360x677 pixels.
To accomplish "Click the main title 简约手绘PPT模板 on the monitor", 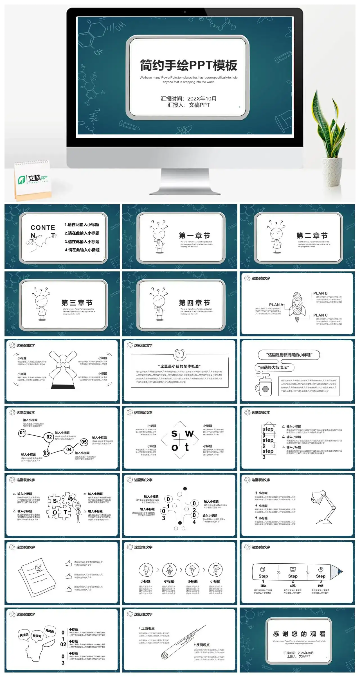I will (x=188, y=65).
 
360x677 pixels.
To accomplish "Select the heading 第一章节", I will (x=194, y=235).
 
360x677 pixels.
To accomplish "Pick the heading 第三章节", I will (x=77, y=303).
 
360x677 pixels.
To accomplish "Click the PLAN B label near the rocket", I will (x=320, y=293).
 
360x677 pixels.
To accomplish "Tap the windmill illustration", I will (x=63, y=368).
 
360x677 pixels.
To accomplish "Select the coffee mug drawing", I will (x=264, y=388).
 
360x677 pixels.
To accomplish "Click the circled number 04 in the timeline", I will (x=69, y=449).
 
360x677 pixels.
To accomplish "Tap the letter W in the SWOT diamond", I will (x=189, y=434).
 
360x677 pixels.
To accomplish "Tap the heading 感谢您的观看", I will (x=299, y=634).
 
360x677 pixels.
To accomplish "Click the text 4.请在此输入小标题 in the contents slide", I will (x=82, y=250).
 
